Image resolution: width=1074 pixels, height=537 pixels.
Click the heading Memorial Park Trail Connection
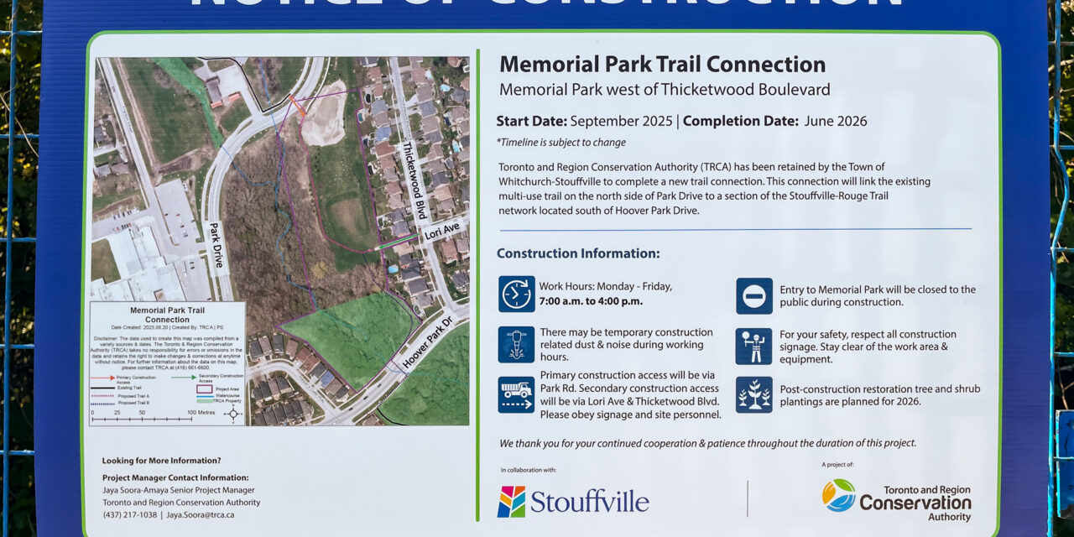[x=662, y=65]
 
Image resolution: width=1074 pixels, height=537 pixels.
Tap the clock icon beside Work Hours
[x=516, y=294]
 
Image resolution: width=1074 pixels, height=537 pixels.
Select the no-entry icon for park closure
[x=753, y=295]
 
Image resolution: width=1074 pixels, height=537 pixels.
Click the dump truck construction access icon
[x=516, y=394]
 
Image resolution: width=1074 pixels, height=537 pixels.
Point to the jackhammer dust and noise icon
[x=516, y=344]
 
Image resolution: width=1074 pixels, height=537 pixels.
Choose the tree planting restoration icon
[x=753, y=394]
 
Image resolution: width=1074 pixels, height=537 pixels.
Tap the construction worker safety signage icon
[x=753, y=346]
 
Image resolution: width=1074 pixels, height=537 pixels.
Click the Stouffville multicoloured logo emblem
[x=511, y=502]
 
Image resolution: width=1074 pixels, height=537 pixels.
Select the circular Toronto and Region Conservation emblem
[x=838, y=495]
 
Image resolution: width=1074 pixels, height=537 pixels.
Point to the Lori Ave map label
[x=441, y=230]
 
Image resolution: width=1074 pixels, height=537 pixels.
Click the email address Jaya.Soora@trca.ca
[x=200, y=514]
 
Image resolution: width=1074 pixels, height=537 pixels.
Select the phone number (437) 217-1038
[x=129, y=514]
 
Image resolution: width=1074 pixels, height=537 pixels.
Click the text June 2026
[x=836, y=121]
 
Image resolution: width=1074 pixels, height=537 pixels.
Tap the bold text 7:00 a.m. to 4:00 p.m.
[x=591, y=301]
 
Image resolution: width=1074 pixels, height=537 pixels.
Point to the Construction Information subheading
[x=578, y=253]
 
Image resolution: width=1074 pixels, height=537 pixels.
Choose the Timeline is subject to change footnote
[x=560, y=143]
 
